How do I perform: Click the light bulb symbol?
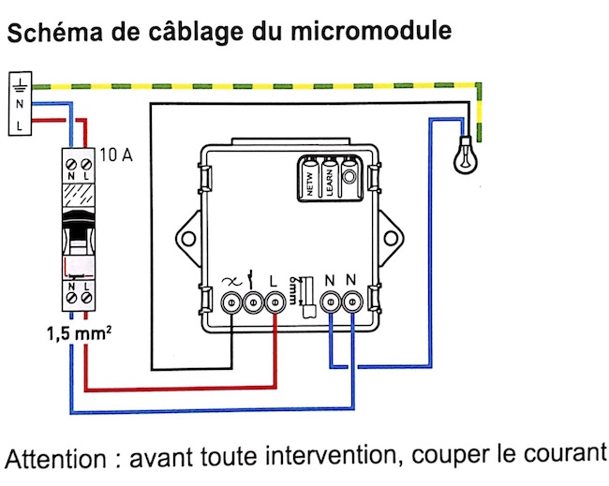(466, 155)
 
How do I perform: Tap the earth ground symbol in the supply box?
(20, 85)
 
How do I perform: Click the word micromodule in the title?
(371, 31)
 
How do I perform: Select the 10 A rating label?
(116, 155)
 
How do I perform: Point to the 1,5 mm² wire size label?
(80, 333)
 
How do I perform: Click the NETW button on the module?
(310, 179)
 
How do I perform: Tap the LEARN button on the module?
(330, 179)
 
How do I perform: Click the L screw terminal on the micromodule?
(275, 302)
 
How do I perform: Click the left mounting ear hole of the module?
(188, 238)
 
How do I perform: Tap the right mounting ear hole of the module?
(391, 238)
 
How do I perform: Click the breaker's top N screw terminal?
(71, 164)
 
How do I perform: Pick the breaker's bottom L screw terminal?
(86, 298)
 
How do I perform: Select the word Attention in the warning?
(55, 459)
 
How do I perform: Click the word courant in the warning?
(565, 453)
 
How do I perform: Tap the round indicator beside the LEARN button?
(349, 177)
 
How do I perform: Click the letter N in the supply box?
(20, 104)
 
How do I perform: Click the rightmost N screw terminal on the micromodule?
(352, 302)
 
